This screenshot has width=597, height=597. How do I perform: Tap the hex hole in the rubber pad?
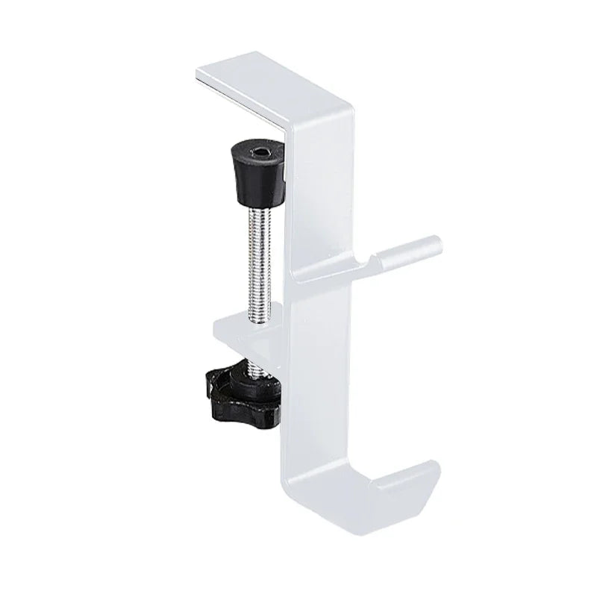258,154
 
